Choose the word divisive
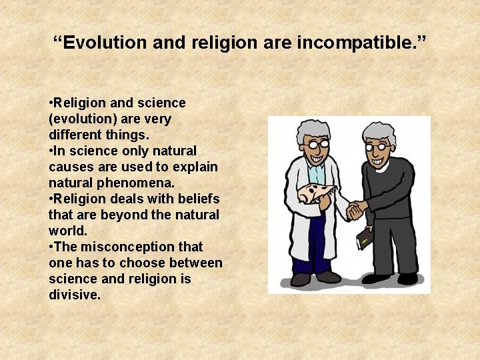click(74, 294)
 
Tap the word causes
click(71, 167)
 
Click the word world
click(67, 231)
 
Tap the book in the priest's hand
click(363, 237)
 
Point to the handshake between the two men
click(355, 211)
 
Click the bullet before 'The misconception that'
click(51, 247)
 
